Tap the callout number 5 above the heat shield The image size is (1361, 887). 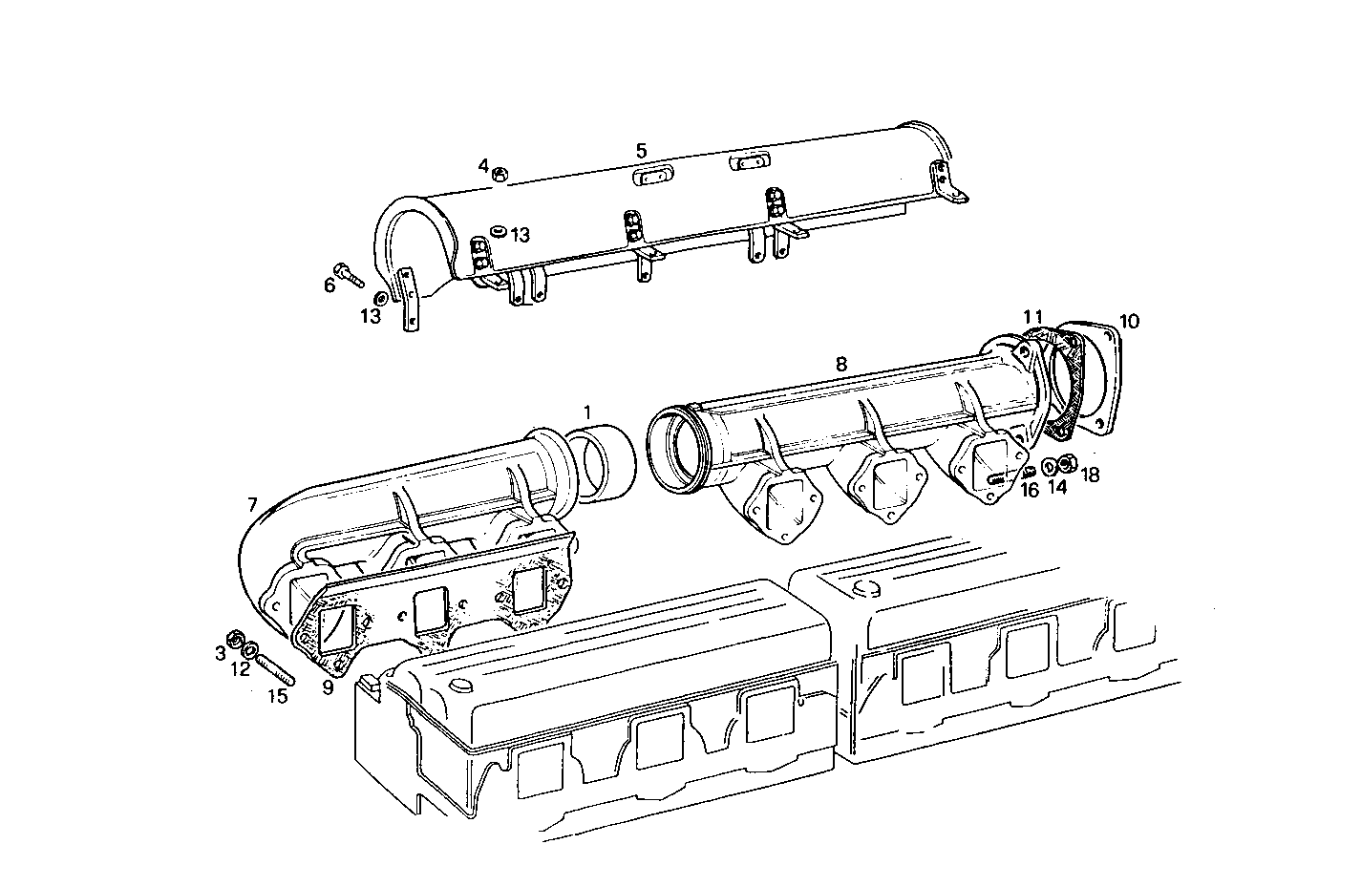click(641, 150)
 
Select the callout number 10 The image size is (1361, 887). click(1129, 321)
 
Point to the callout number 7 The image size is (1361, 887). click(252, 503)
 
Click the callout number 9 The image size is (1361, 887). click(328, 686)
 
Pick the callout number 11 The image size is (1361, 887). click(1032, 316)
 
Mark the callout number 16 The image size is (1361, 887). click(1029, 490)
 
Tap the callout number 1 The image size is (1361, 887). click(586, 412)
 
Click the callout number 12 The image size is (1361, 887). click(241, 669)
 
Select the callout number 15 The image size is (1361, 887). click(277, 696)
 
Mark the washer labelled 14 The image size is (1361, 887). click(1050, 466)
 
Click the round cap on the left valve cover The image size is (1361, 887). click(459, 687)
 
